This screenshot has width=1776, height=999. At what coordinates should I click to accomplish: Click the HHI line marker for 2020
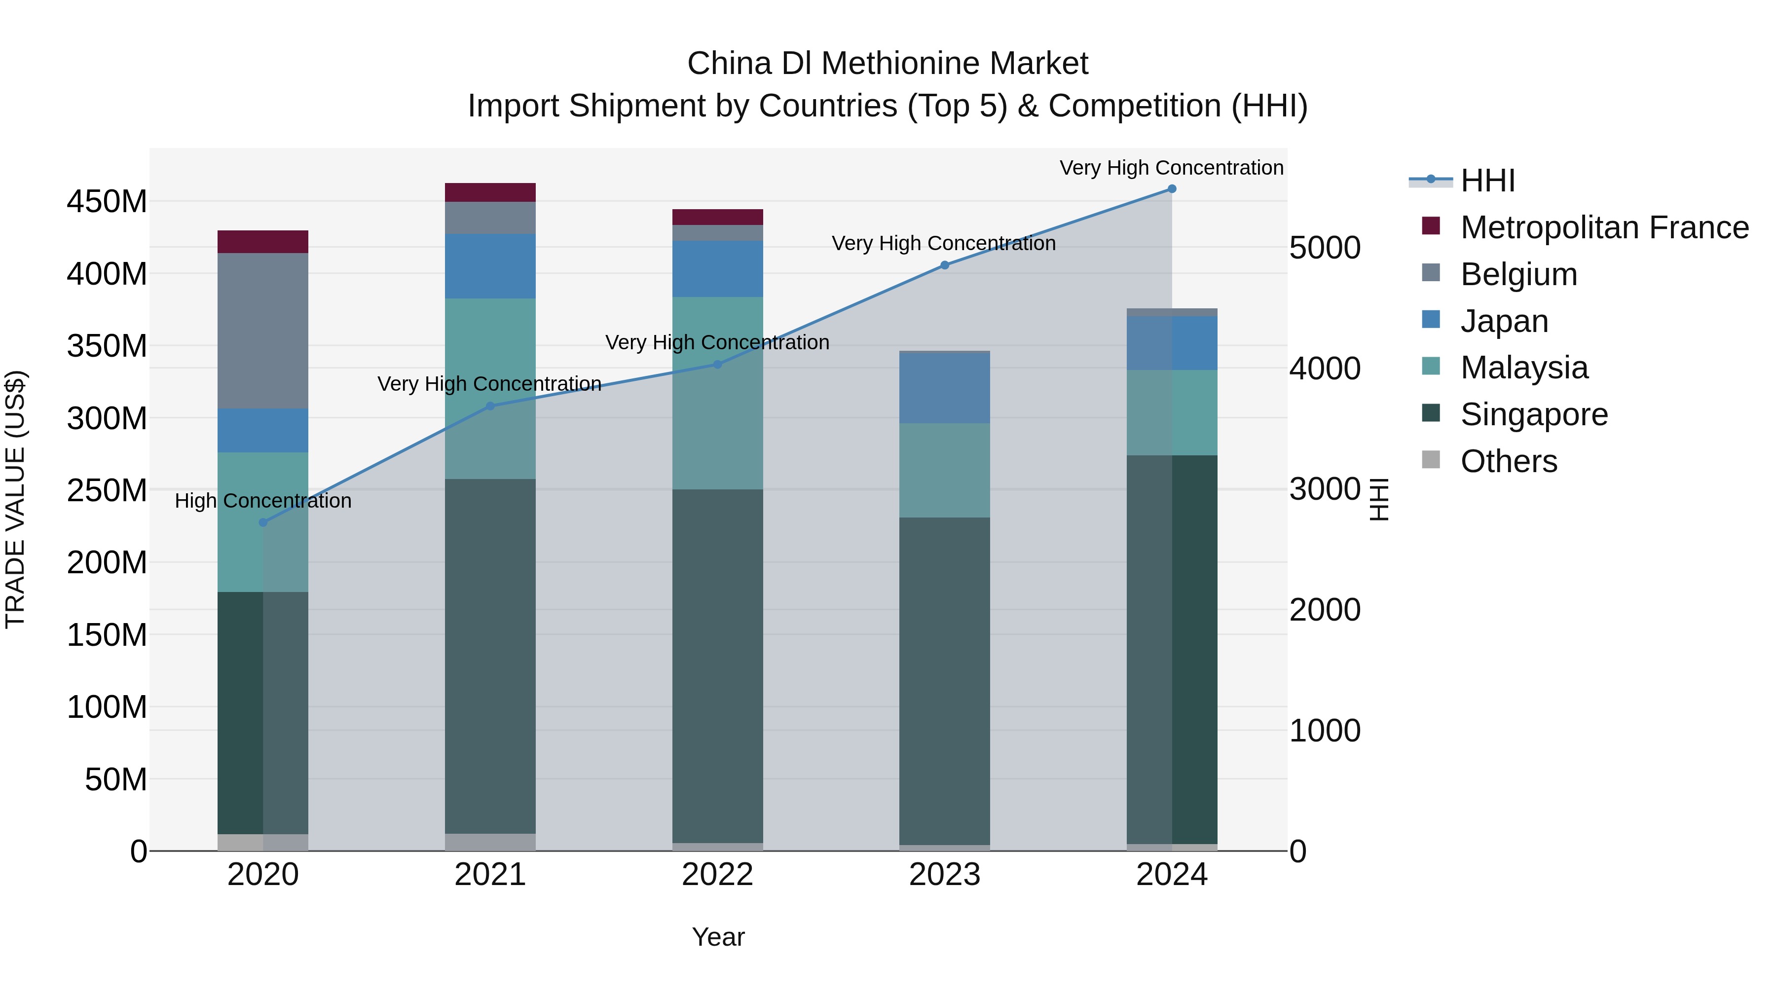point(262,522)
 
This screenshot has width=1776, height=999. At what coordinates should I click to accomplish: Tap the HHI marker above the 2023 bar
point(945,265)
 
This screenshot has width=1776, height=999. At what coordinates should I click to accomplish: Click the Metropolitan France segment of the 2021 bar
point(490,192)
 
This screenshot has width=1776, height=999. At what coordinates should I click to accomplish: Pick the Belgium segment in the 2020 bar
point(262,331)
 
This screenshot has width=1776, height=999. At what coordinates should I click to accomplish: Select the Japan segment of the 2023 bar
point(945,387)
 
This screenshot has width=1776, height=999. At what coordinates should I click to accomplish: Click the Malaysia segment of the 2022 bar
point(717,393)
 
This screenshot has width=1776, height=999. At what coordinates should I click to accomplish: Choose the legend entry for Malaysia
point(1524,368)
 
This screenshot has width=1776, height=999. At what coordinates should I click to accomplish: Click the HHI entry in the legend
point(1487,181)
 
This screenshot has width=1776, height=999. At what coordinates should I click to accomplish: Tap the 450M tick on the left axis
point(107,202)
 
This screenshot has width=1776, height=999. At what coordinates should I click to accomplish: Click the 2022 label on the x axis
point(717,875)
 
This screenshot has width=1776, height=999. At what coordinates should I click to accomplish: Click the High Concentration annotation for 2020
point(262,501)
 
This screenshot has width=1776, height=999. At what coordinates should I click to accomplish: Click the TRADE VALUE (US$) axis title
point(15,499)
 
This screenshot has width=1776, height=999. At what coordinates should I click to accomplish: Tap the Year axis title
point(718,937)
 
